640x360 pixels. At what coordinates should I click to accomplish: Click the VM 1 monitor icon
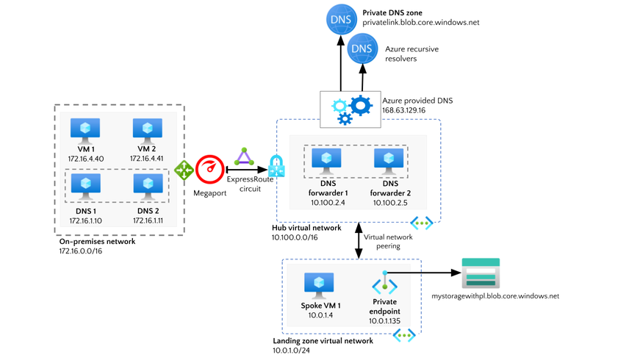(85, 129)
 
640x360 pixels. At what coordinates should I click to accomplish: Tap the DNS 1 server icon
(85, 184)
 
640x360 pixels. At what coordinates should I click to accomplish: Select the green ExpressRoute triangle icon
(242, 157)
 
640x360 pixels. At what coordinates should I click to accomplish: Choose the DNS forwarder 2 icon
(388, 159)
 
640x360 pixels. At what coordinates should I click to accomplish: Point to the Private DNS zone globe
(341, 19)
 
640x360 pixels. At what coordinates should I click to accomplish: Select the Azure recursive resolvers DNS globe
(362, 49)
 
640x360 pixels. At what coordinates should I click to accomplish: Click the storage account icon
(481, 273)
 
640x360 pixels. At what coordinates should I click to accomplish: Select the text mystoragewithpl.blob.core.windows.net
(495, 296)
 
